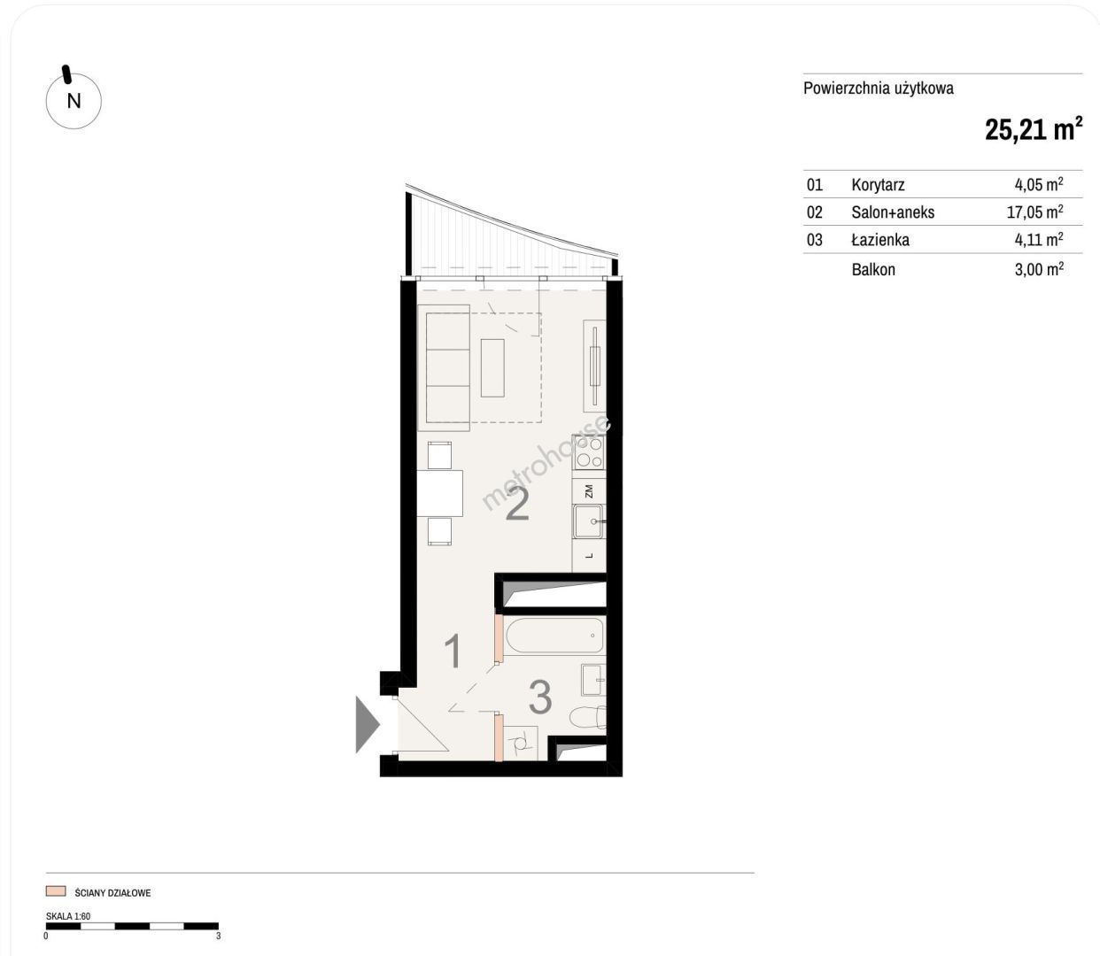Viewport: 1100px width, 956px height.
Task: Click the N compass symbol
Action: click(x=74, y=101)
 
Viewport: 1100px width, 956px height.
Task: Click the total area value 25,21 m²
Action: click(x=1034, y=129)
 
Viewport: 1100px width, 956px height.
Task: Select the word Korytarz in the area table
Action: click(x=878, y=185)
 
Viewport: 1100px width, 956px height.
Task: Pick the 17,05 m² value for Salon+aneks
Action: click(x=1035, y=212)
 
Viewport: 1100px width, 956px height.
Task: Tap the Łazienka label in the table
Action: click(x=880, y=239)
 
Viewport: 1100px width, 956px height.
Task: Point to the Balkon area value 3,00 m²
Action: click(x=1039, y=269)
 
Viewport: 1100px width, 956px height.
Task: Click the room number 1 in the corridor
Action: click(x=453, y=651)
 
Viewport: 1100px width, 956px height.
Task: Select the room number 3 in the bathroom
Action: click(x=539, y=697)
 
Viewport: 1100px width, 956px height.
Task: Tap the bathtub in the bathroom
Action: click(x=554, y=636)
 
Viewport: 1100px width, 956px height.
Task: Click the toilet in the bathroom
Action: click(x=587, y=717)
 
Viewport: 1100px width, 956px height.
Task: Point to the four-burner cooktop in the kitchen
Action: click(x=589, y=452)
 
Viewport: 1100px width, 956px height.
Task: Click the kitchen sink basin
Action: click(x=588, y=521)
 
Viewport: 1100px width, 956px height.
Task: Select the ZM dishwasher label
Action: click(x=589, y=491)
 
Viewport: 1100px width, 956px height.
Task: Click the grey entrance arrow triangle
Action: click(x=368, y=725)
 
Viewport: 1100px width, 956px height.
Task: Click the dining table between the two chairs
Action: click(x=440, y=493)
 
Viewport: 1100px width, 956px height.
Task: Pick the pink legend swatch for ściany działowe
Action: click(x=56, y=891)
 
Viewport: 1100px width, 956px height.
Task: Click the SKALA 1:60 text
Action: click(x=68, y=915)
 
